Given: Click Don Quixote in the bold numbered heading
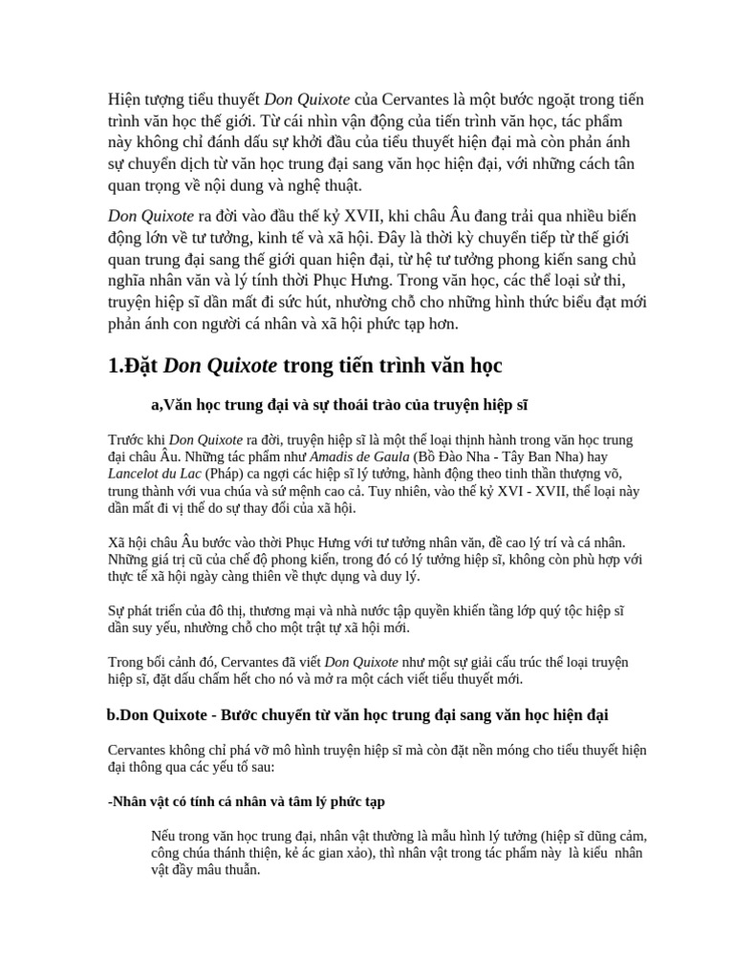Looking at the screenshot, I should pyautogui.click(x=222, y=365).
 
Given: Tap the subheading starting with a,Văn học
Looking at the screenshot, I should pyautogui.click(x=339, y=405).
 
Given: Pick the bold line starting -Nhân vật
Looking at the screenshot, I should pyautogui.click(x=247, y=800).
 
